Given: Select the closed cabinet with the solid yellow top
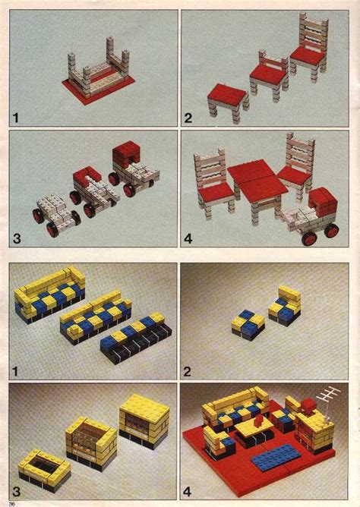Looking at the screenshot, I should [144, 420].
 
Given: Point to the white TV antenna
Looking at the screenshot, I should [325, 395].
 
